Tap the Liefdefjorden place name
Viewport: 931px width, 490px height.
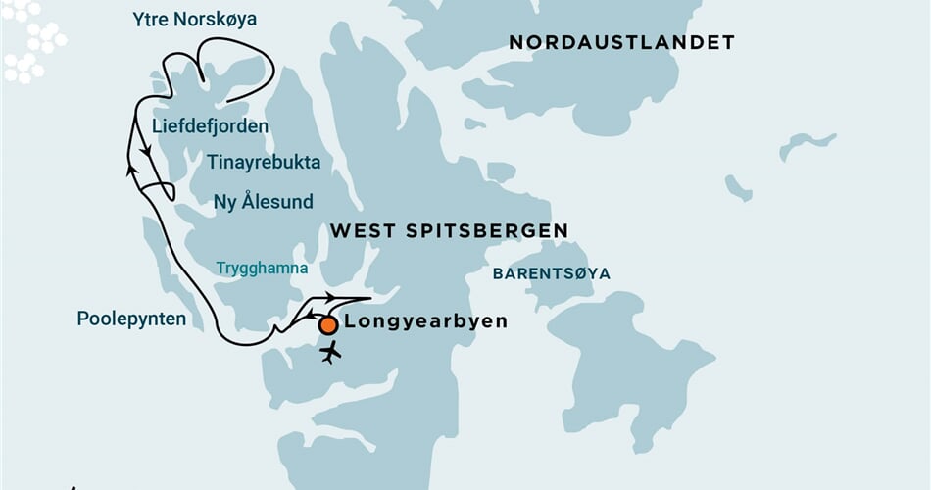[210, 126]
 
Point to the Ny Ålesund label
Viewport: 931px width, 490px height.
[264, 202]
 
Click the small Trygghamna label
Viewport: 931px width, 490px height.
[262, 268]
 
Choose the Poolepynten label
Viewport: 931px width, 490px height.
[131, 318]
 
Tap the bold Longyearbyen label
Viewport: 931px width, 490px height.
[426, 321]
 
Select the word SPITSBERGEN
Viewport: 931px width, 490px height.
[491, 231]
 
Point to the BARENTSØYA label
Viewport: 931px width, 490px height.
[551, 273]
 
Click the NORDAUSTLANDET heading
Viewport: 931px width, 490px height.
[621, 42]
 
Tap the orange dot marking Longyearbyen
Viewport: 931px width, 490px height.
[328, 324]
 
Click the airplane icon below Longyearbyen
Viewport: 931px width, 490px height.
[331, 351]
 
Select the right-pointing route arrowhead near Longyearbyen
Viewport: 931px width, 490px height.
[331, 297]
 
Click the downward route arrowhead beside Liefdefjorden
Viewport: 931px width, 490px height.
[146, 153]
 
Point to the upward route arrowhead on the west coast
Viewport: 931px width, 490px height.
[130, 170]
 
